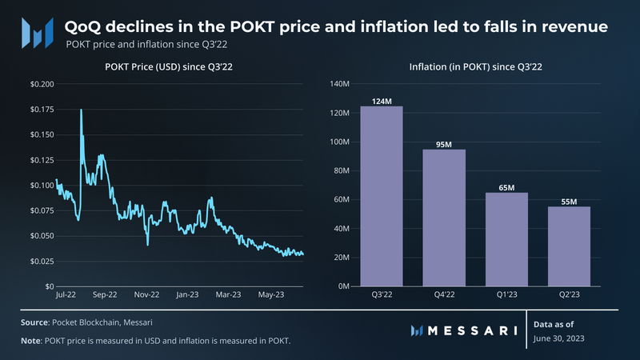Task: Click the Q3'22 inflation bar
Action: (x=381, y=196)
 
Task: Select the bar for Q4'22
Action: (x=444, y=218)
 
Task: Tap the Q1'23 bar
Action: (x=506, y=239)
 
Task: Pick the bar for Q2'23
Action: (x=569, y=246)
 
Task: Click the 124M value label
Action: (x=381, y=101)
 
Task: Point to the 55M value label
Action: (x=569, y=201)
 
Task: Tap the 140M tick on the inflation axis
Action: (x=341, y=84)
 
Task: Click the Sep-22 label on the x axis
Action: (x=105, y=295)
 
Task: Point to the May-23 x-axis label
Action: (x=270, y=295)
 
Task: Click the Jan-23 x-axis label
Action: (x=187, y=295)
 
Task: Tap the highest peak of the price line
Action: (x=81, y=110)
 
